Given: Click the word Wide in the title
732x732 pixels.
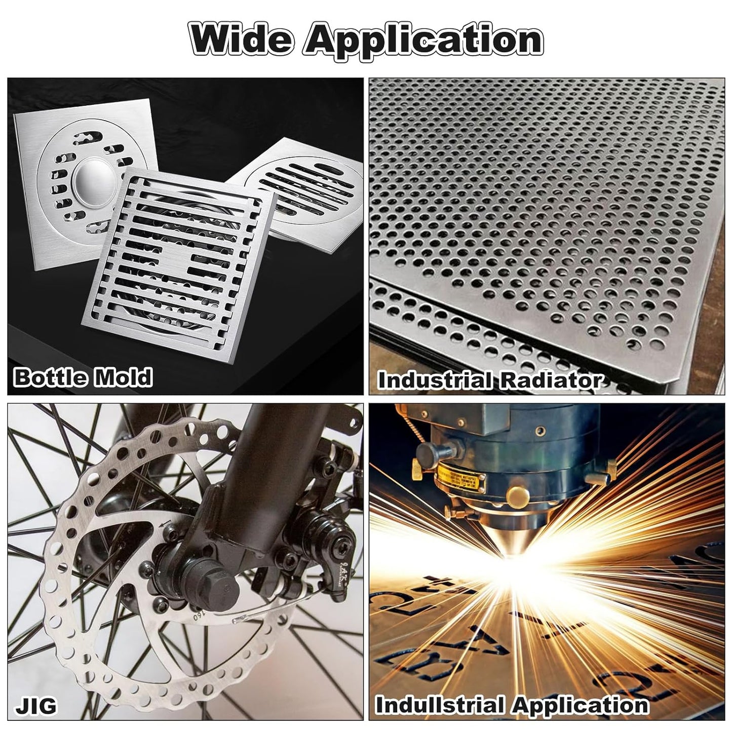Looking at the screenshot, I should [241, 40].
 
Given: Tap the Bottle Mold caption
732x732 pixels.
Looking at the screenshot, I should [83, 377].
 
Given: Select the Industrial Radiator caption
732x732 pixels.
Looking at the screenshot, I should [490, 380].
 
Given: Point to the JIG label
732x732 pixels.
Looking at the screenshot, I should [36, 705].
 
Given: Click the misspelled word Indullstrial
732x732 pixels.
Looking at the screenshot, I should [440, 705].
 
